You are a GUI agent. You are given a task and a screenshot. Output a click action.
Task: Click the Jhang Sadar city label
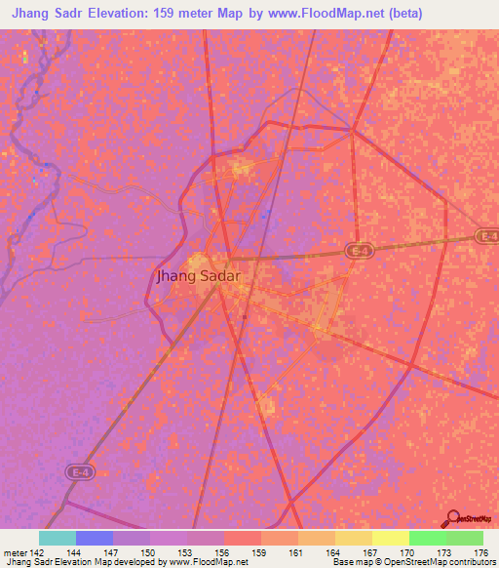pos(198,276)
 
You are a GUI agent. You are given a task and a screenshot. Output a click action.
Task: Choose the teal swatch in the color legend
pos(58,538)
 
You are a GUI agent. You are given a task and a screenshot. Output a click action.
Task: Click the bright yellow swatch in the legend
pos(390,538)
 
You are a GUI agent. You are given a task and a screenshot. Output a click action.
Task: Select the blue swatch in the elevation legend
pos(95,538)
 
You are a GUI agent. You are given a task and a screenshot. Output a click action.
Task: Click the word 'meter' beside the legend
pos(17,551)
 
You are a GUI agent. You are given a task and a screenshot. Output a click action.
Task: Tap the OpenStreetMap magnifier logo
pos(451,520)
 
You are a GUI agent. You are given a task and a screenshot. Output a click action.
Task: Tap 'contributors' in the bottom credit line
pos(471,562)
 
